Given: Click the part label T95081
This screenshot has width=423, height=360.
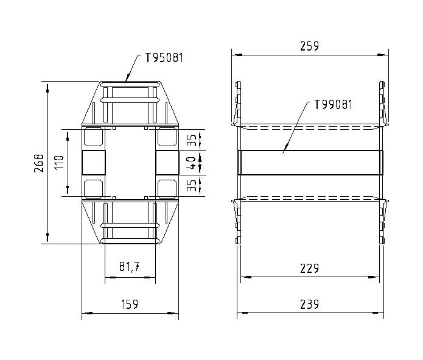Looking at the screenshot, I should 164,58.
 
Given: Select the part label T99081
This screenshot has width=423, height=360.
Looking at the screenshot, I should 333,104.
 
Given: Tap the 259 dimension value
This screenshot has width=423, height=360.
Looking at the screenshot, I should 309,46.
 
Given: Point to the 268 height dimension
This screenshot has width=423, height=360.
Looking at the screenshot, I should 39,163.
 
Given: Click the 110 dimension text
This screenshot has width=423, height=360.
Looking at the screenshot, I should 59,163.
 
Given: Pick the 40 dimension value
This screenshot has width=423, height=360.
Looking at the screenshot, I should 191,163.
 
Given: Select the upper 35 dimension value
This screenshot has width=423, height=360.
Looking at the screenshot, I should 191,140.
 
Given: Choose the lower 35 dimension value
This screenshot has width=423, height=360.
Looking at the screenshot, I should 191,185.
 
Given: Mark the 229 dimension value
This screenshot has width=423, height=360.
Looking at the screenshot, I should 310,268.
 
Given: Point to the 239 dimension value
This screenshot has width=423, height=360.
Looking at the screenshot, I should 310,304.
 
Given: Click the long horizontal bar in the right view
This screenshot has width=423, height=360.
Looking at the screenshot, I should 310,163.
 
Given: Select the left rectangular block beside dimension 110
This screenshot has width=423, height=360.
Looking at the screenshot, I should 93,163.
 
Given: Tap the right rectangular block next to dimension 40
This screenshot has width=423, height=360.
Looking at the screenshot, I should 167,163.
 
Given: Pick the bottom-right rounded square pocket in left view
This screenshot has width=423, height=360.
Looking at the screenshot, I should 167,188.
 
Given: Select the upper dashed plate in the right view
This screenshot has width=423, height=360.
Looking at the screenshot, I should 310,127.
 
